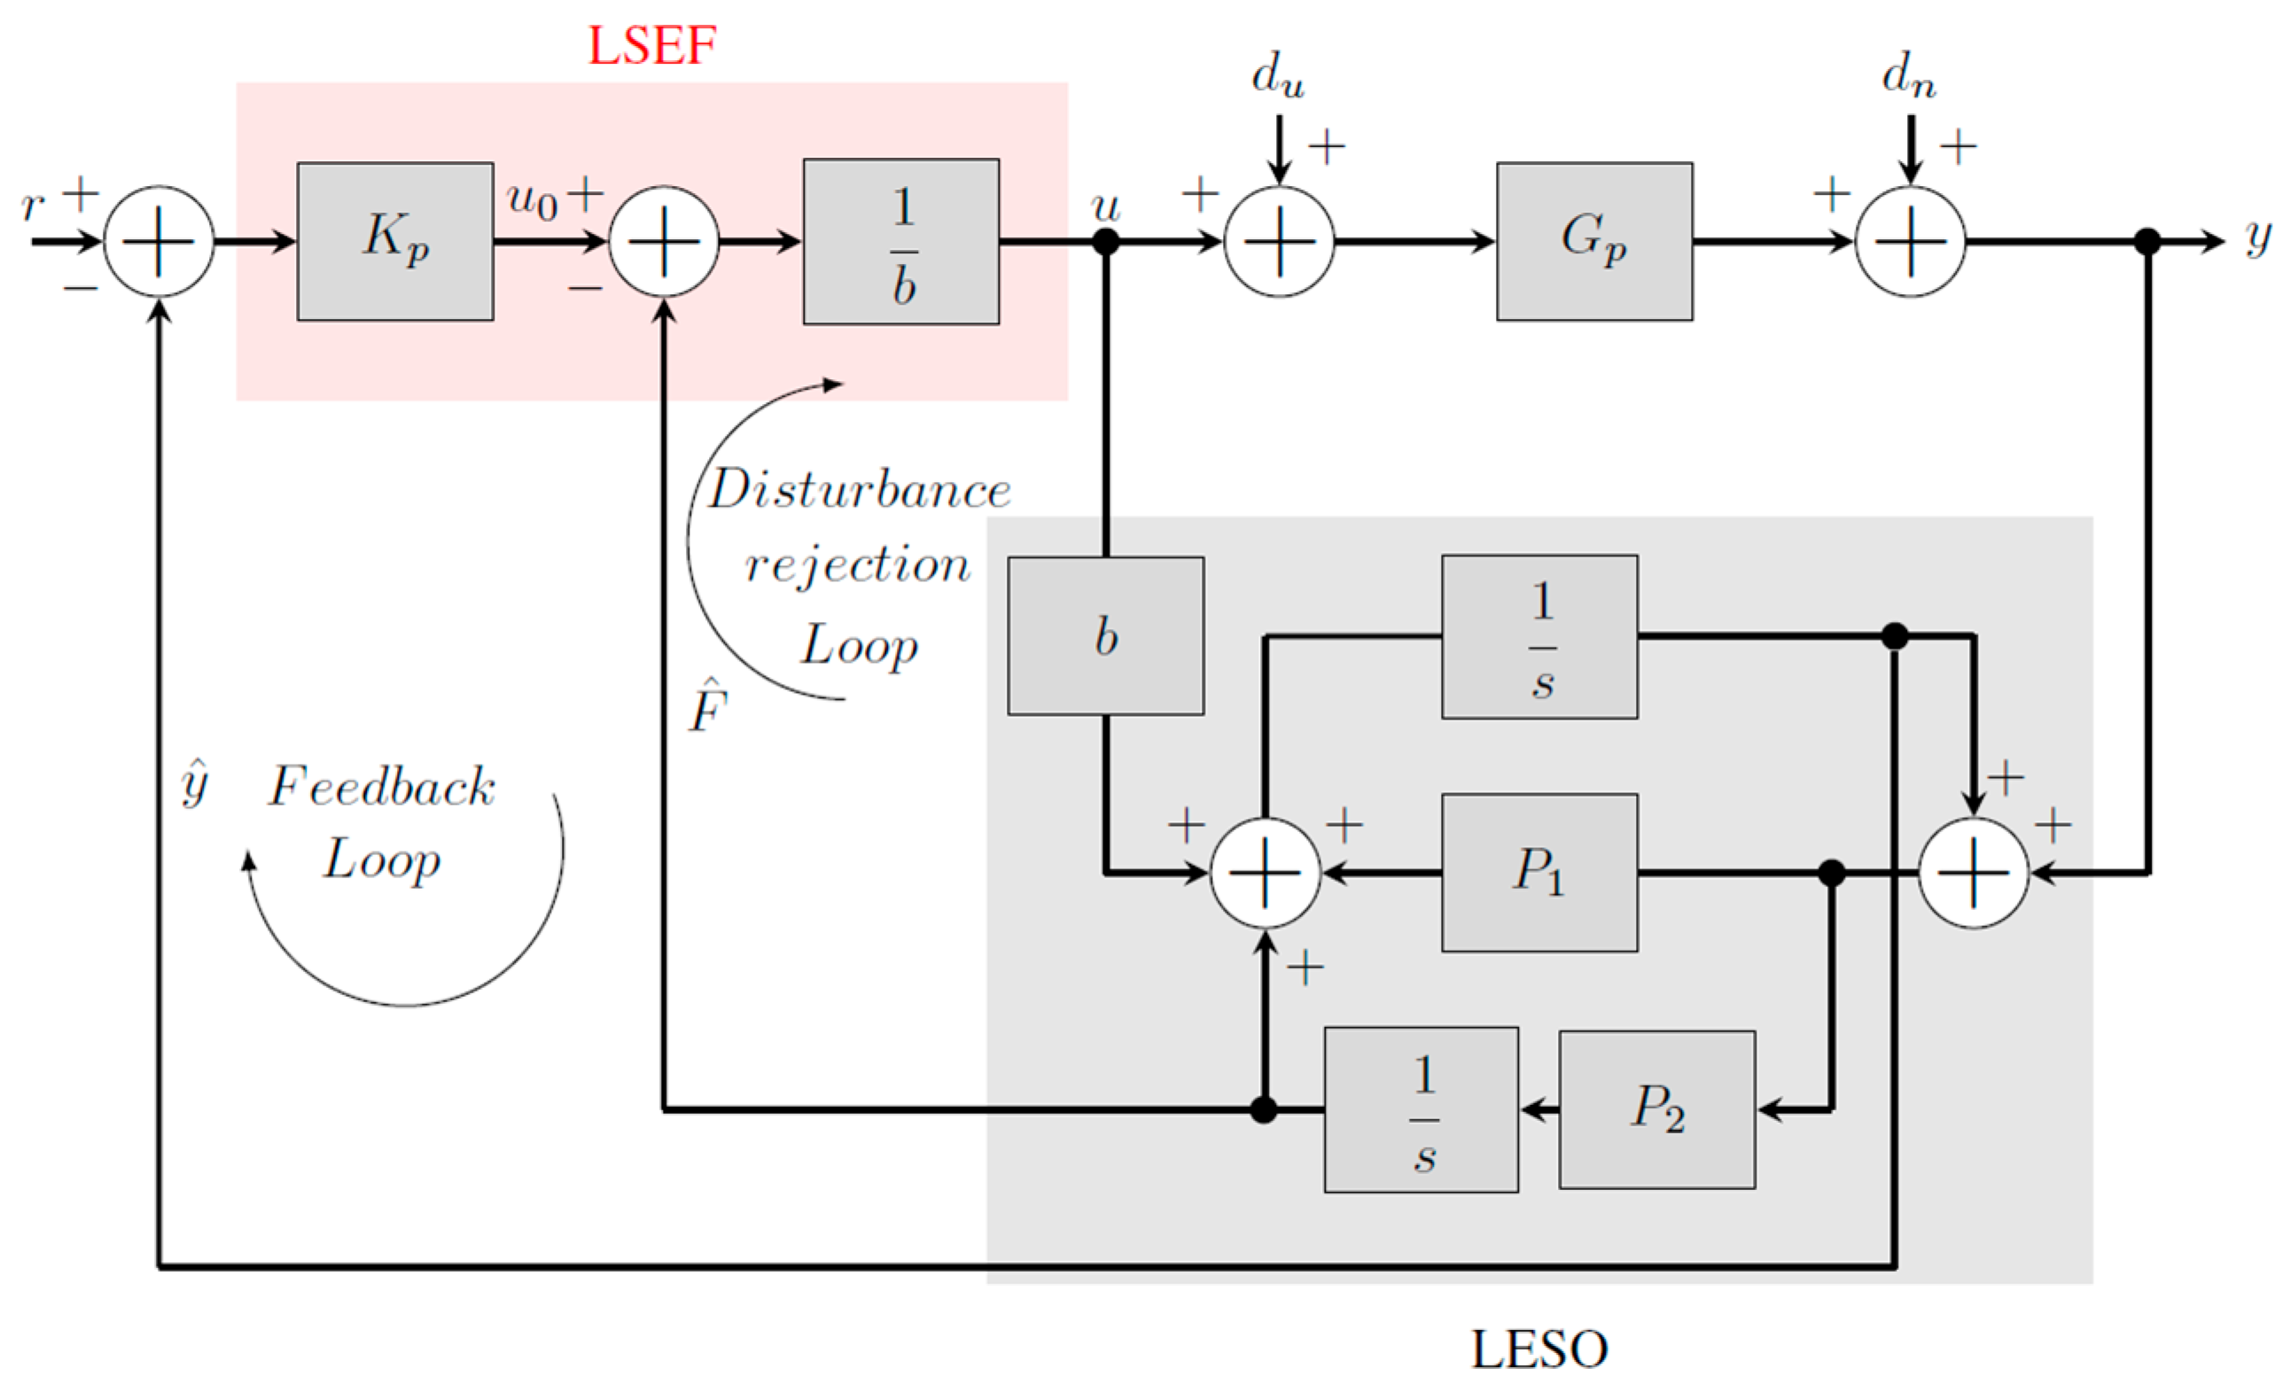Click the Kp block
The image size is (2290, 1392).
tap(395, 242)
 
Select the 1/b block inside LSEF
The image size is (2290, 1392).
tap(900, 242)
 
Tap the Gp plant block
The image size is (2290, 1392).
tap(1594, 242)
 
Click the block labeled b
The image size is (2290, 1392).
tap(1105, 636)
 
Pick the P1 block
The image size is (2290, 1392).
tap(1539, 873)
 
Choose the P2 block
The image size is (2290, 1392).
tap(1657, 1109)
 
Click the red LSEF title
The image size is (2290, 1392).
tap(651, 44)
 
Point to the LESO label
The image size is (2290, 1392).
tap(1538, 1349)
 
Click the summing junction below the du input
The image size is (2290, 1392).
tap(1279, 242)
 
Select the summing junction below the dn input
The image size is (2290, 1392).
tap(1910, 242)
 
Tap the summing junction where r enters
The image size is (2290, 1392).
tap(159, 242)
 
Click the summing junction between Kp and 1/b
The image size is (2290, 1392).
tap(664, 242)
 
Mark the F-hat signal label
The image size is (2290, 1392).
tap(708, 707)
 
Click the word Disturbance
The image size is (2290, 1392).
tap(860, 490)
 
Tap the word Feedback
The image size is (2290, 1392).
tap(382, 787)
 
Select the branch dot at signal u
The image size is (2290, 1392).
tap(1105, 242)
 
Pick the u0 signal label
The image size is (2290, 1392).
tap(533, 199)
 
